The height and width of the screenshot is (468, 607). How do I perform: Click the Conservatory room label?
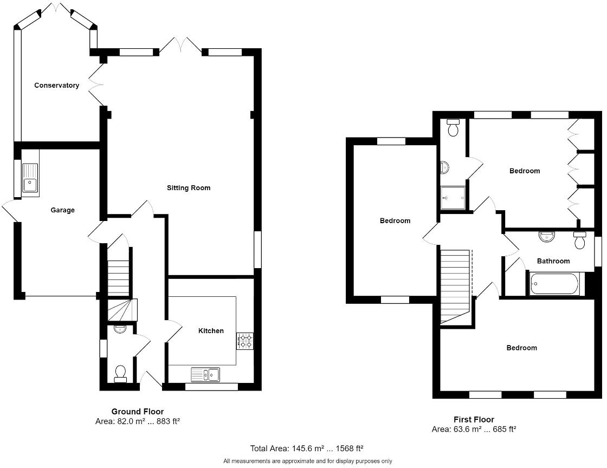coord(56,86)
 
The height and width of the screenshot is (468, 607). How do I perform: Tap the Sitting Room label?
coord(188,188)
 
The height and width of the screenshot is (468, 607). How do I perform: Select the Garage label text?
coord(62,210)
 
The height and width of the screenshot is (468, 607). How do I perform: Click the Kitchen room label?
coord(211,331)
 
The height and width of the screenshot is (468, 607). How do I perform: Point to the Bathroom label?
coord(553,261)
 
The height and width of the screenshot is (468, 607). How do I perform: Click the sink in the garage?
coord(29,178)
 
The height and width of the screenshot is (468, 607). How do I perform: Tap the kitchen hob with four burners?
coord(244,341)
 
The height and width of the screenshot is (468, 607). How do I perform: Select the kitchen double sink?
coord(205,374)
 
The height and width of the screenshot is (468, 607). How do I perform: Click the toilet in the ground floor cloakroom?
coord(120,373)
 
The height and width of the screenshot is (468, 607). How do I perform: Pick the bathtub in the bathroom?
coord(555,284)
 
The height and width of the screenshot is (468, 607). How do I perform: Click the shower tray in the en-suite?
coord(453,198)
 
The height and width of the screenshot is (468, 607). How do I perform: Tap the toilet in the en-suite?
coord(453,128)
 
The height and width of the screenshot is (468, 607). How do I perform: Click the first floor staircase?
coord(454,285)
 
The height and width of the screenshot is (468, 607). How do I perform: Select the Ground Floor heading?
coord(138,412)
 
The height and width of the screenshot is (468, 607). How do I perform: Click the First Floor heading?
coord(474,419)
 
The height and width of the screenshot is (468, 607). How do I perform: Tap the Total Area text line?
coord(306,448)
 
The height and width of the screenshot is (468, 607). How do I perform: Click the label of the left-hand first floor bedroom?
coord(395,221)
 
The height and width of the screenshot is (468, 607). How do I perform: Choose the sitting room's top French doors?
coord(181,45)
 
